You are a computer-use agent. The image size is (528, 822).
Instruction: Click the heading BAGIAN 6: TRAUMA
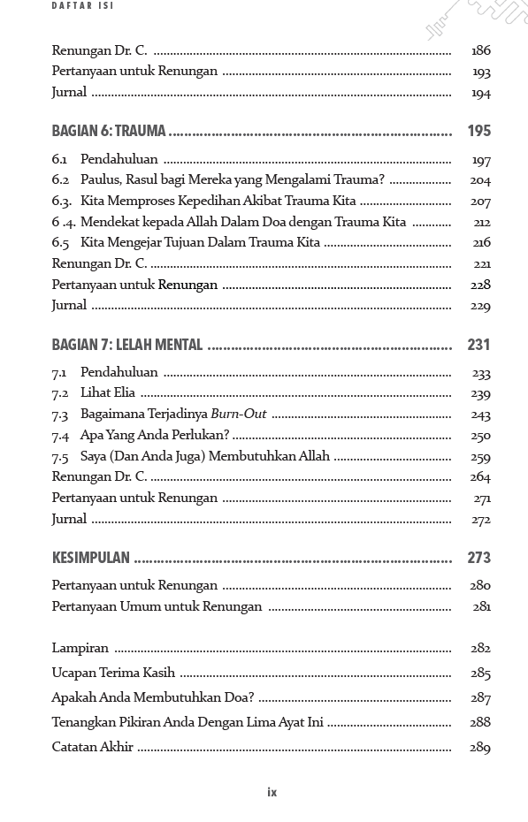coord(109,131)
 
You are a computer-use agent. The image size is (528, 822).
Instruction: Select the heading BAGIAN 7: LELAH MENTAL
coord(127,345)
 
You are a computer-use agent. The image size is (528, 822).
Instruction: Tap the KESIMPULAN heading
coord(90,558)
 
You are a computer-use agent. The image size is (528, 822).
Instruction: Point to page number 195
coord(478,131)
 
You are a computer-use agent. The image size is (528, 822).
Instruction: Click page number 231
coord(478,345)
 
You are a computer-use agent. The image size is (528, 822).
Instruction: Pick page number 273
coord(478,558)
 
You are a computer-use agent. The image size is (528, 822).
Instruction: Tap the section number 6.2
coord(60,179)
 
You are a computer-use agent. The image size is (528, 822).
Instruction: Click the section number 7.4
coord(60,435)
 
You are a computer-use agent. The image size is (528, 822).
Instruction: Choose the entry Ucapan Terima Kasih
coord(113,673)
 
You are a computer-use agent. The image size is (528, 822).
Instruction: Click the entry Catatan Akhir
coord(92,747)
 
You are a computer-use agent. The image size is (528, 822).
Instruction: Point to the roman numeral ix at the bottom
coord(272,792)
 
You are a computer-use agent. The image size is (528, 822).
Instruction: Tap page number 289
coord(480,748)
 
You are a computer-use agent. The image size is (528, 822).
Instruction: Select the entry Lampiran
coord(80,648)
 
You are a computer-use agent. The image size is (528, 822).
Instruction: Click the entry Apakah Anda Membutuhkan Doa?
coord(153,697)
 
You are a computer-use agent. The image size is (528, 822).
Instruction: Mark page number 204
coord(480,180)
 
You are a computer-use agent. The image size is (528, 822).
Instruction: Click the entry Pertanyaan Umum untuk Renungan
coord(157,606)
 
